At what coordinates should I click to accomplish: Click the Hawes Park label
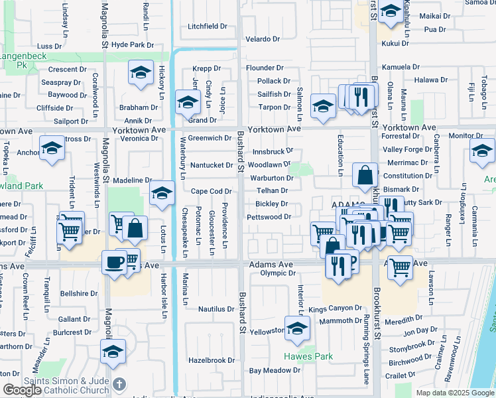(x=308, y=356)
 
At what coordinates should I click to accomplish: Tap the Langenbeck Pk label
(x=23, y=62)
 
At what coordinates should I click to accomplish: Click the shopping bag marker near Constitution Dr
(x=365, y=175)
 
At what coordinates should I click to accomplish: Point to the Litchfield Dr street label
(x=208, y=27)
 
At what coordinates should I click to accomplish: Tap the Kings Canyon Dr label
(x=335, y=308)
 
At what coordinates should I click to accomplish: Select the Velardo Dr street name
(x=265, y=39)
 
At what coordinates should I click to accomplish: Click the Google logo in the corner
(x=22, y=390)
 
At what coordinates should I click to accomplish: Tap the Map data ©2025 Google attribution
(x=455, y=393)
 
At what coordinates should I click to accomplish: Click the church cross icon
(x=119, y=384)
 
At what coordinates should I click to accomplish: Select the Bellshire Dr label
(x=79, y=293)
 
